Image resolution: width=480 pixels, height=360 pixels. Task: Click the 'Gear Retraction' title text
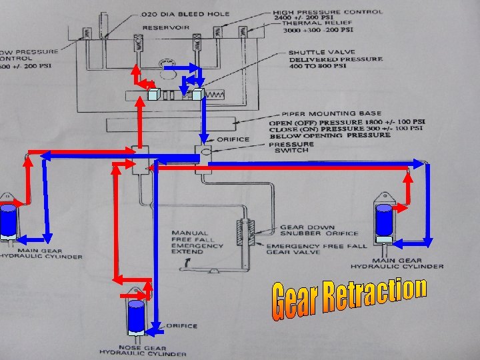tap(349, 298)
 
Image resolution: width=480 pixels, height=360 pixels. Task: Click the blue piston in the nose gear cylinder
tap(136, 315)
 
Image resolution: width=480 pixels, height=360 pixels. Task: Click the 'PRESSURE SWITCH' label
tap(291, 147)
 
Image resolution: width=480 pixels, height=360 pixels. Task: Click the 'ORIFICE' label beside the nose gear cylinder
tap(183, 326)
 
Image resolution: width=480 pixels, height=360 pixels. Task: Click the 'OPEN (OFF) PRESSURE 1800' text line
tap(347, 122)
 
